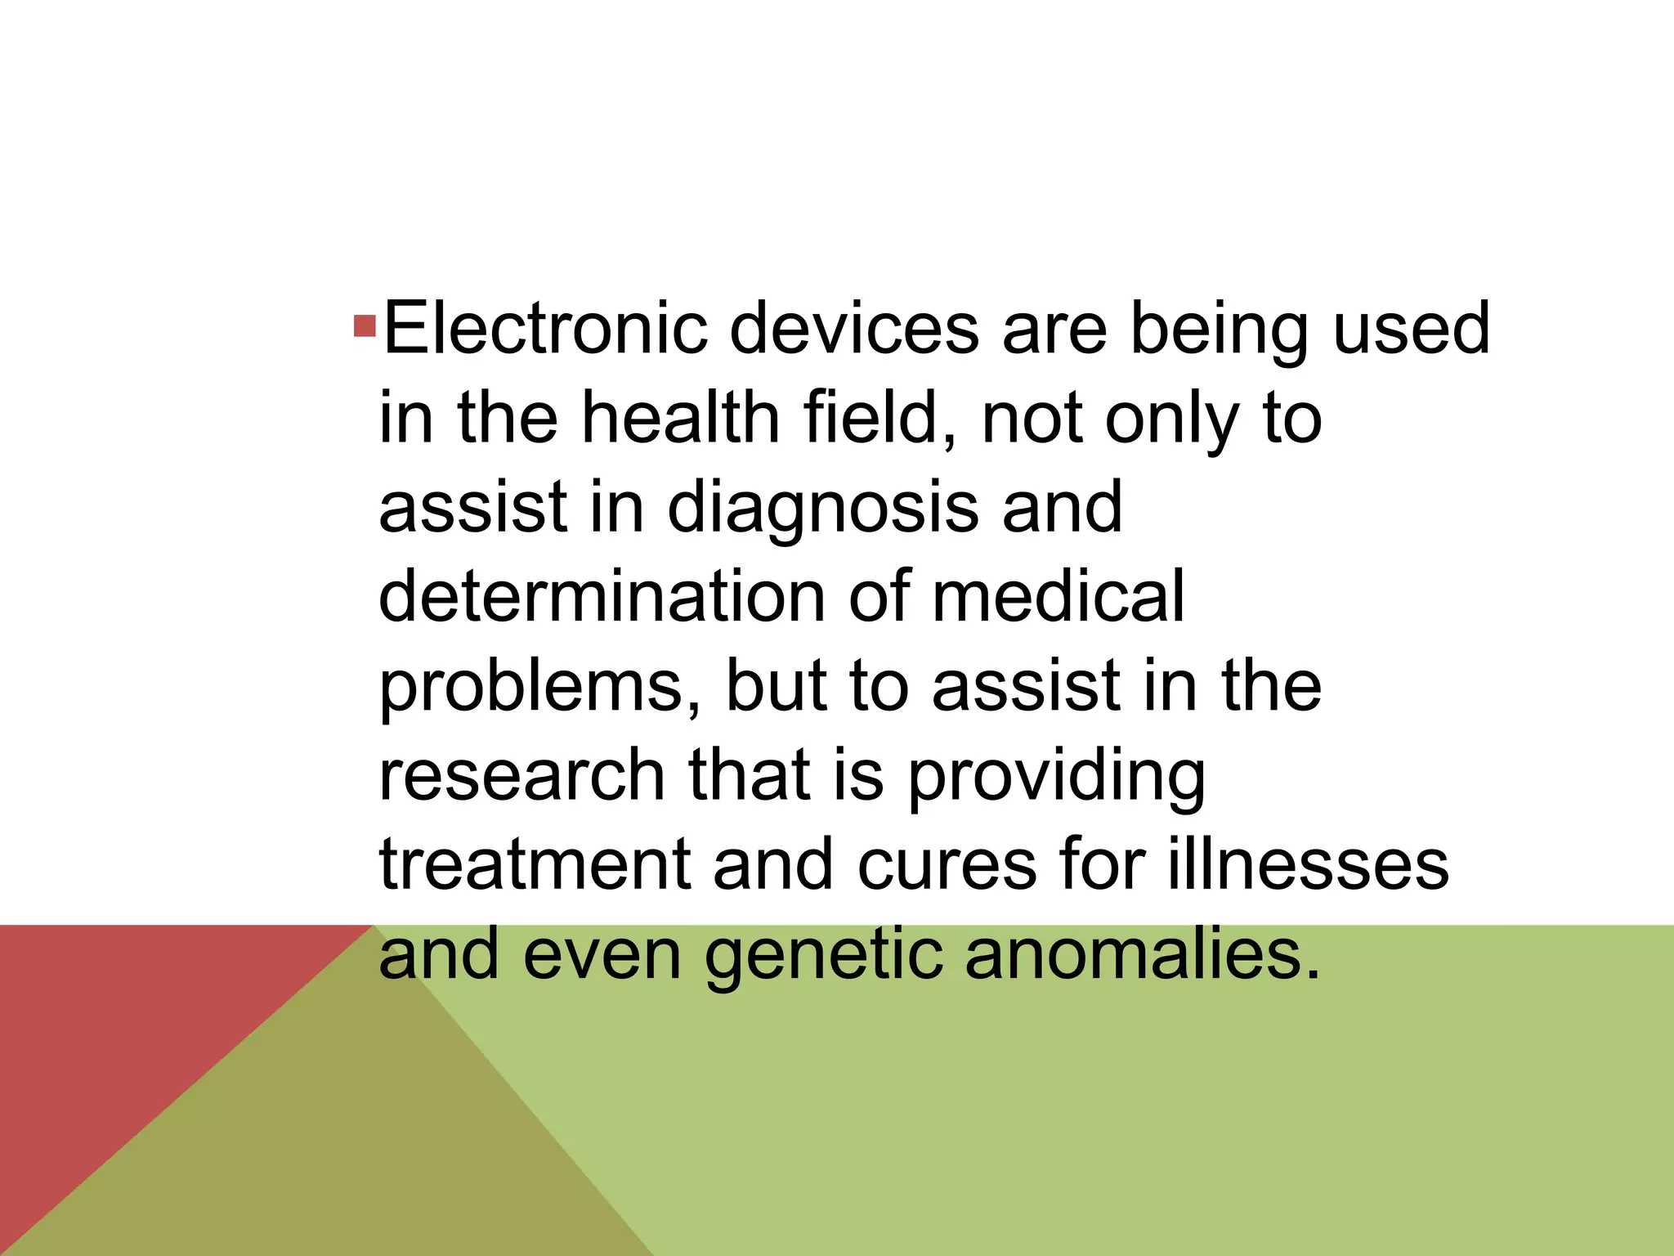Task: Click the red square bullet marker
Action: pos(365,327)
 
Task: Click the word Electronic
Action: pos(545,329)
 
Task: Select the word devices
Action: pos(853,329)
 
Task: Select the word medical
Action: pos(1058,597)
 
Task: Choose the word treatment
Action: pos(534,865)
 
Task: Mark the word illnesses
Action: pos(1308,865)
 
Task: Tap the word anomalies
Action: pos(1141,955)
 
